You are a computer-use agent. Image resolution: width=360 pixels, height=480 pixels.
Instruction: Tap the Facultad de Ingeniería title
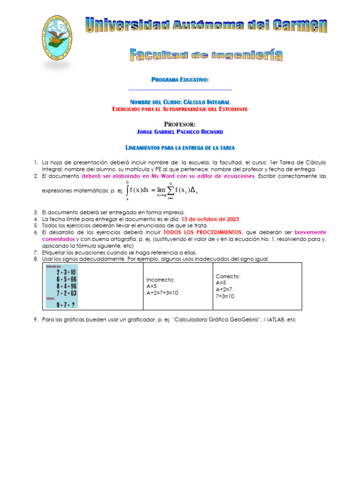(x=206, y=55)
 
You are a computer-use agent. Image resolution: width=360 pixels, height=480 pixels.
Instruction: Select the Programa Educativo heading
(x=180, y=80)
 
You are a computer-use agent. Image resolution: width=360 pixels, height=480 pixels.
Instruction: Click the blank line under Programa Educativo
(x=180, y=89)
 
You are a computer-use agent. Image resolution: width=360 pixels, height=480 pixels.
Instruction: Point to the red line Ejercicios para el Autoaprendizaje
(x=180, y=109)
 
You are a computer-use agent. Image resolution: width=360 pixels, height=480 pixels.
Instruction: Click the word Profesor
(x=180, y=124)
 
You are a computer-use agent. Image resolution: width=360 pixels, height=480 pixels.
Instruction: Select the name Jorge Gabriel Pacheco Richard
(x=180, y=132)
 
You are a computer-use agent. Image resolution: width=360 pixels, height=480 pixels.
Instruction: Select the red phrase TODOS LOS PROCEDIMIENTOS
(x=202, y=232)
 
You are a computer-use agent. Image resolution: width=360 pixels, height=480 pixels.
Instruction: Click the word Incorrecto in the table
(x=160, y=280)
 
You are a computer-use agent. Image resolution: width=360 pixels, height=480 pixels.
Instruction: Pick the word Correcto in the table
(x=228, y=277)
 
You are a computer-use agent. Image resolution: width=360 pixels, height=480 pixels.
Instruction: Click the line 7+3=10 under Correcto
(x=225, y=296)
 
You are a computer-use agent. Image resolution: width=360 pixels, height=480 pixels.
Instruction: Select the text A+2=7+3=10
(x=162, y=292)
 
